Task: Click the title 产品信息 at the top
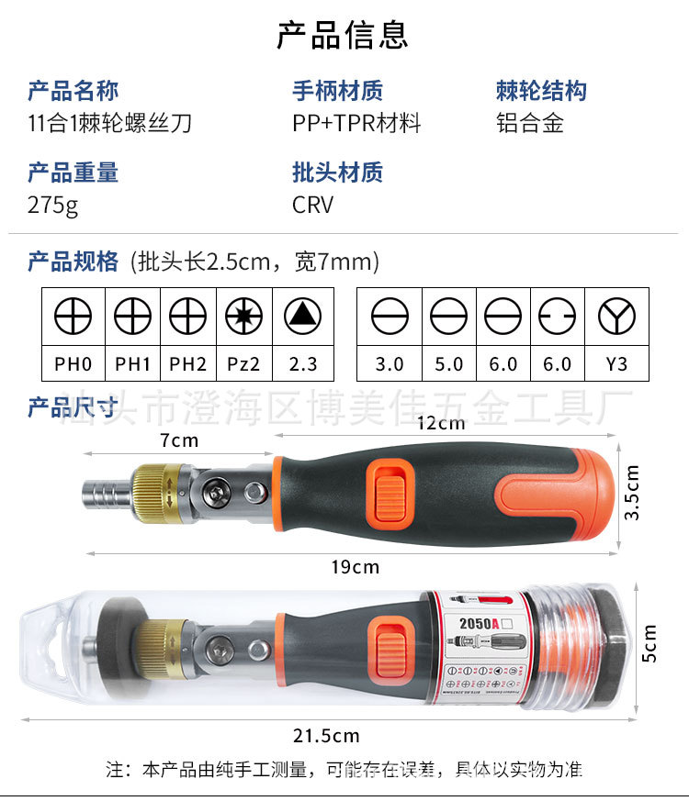343,34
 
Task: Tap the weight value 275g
53,204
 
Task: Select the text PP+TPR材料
356,123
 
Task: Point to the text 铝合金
529,123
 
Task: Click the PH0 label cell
73,364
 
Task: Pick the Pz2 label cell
243,364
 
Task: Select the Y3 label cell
616,364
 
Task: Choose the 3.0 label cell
390,364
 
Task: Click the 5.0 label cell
448,364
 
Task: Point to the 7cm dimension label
179,440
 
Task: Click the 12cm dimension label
441,423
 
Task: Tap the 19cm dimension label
355,567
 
